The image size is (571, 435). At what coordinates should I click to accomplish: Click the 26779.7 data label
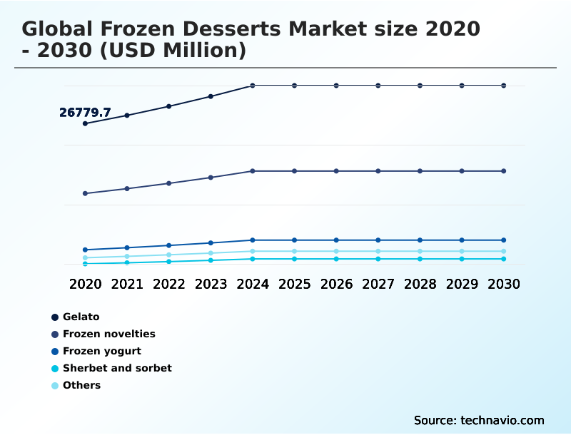click(85, 113)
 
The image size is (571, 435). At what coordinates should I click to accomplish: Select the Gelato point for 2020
click(86, 123)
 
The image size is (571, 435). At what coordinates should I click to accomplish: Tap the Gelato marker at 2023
click(211, 96)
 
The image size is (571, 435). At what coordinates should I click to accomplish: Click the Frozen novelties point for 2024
click(253, 171)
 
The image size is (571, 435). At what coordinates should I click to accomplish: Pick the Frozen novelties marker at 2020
click(86, 193)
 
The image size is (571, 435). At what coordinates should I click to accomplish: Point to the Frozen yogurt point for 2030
click(504, 240)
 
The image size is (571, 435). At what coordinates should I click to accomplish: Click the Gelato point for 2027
click(378, 86)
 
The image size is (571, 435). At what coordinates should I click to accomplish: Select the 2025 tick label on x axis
click(294, 284)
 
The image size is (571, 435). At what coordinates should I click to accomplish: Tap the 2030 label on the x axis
click(504, 284)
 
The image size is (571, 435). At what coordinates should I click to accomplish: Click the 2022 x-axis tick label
click(169, 284)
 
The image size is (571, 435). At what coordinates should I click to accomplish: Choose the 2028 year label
click(420, 284)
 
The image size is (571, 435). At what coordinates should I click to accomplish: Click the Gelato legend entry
click(81, 317)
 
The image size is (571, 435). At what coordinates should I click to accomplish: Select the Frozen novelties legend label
click(108, 334)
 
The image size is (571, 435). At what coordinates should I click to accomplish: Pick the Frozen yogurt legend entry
click(101, 351)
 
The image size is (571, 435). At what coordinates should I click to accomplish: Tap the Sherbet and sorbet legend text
click(117, 368)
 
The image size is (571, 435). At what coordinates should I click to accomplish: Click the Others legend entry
click(81, 385)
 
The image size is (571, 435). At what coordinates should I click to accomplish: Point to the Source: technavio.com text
click(479, 420)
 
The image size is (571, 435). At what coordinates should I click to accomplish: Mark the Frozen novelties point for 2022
click(169, 183)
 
